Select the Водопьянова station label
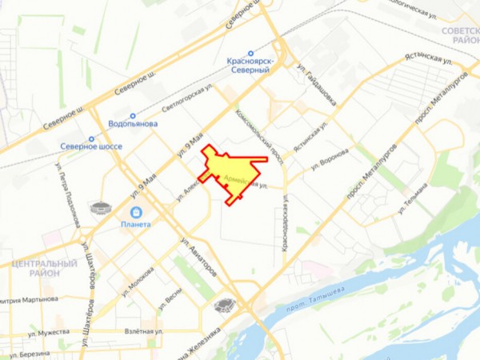[133, 124]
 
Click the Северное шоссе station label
[90, 147]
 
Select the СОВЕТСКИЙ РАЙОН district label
[459, 33]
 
